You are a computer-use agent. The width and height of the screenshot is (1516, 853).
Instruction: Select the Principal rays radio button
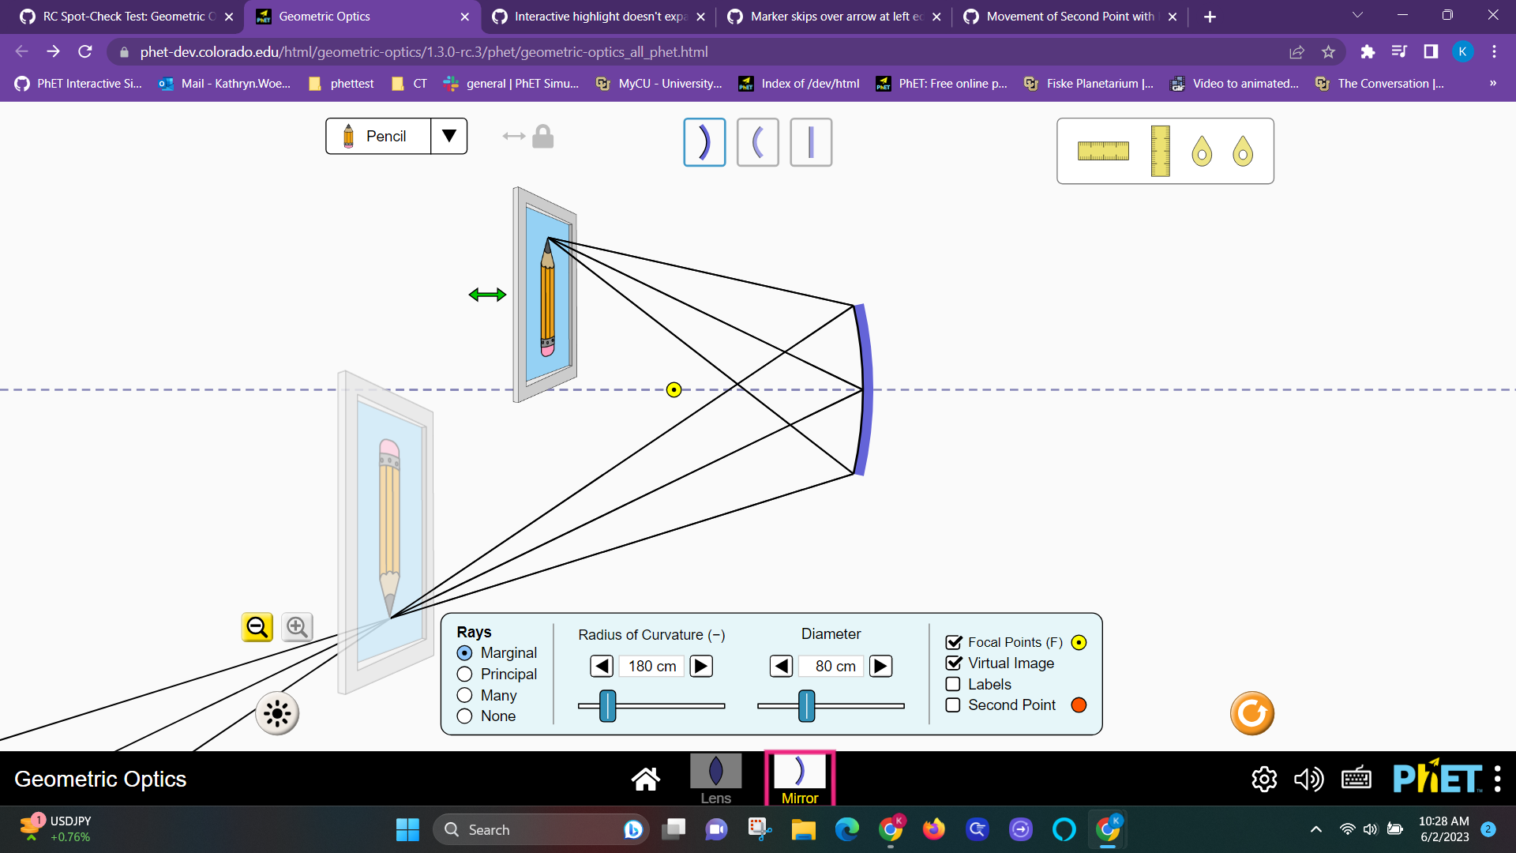point(465,675)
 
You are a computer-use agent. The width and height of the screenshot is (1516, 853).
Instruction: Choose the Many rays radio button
point(465,696)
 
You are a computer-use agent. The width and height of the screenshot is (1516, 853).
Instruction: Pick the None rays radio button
point(465,716)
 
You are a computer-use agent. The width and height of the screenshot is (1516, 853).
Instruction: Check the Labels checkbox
point(953,685)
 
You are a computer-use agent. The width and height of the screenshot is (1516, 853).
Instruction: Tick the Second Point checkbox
point(953,705)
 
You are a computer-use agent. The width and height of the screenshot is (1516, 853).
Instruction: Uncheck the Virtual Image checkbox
point(953,663)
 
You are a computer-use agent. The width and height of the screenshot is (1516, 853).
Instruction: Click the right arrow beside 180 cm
point(700,667)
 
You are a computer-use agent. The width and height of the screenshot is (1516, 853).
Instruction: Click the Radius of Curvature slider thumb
point(607,705)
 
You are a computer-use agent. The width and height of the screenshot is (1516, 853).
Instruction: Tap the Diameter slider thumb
point(806,705)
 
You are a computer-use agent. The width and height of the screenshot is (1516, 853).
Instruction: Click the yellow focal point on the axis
point(674,389)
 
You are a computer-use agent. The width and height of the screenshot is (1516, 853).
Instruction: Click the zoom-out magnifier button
point(257,627)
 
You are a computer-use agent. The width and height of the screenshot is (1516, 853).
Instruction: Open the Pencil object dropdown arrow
point(448,136)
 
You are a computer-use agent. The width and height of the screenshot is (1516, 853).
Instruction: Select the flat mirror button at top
point(811,142)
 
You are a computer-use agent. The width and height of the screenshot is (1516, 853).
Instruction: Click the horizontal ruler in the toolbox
point(1103,151)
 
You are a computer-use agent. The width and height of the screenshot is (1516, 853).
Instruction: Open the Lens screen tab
point(715,778)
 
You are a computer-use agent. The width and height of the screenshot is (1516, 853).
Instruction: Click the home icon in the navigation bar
point(645,779)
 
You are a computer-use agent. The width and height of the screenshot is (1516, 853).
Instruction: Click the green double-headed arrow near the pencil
point(487,295)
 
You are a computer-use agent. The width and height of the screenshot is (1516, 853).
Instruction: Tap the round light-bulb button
point(277,714)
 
